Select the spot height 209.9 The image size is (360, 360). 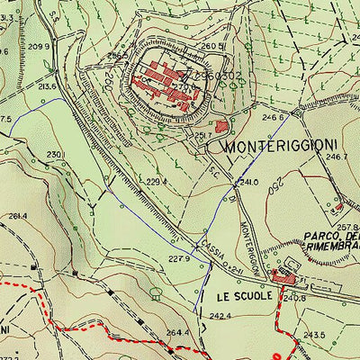coord(39,46)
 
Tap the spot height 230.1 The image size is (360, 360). coord(56,155)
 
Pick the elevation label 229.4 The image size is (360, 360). coord(157,182)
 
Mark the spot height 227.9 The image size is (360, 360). coord(181,259)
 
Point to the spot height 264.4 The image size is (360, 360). coord(176,333)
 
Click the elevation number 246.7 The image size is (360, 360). coord(337,157)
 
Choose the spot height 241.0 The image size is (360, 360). coord(247,182)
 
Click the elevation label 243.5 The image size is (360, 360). coord(313,335)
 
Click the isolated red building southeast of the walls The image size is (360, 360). coord(220,127)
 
